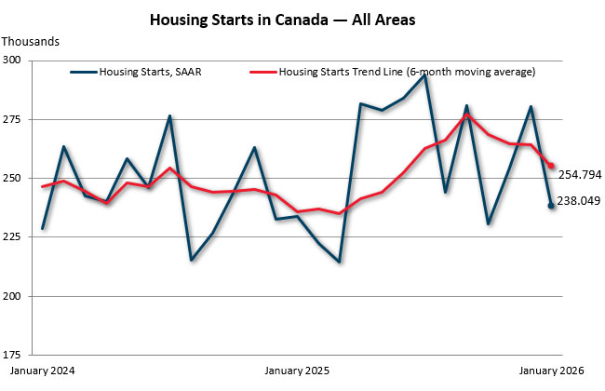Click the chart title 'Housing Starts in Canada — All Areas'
tap(302, 19)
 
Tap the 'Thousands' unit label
tap(31, 41)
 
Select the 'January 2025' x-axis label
tap(298, 371)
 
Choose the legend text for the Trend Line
tap(408, 72)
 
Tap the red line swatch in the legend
tap(262, 72)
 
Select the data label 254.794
tap(579, 174)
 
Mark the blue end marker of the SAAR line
tap(552, 206)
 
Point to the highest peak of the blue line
tap(424, 75)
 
